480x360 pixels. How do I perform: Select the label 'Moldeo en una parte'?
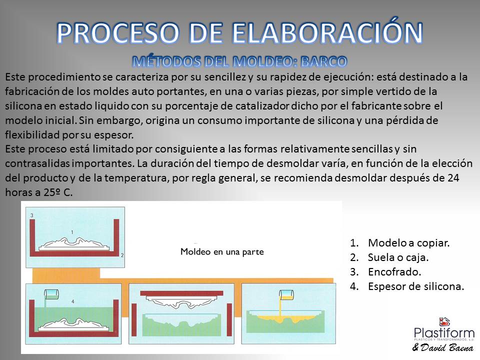222,251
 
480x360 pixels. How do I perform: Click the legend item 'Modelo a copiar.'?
400,243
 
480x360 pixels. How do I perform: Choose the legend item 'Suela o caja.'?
389,257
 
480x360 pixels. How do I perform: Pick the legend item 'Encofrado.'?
385,271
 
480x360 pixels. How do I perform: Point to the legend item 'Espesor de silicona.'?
407,286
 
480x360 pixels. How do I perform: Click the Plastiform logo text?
444,333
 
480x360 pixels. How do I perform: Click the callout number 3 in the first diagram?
32,215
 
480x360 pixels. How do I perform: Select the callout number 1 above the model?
72,232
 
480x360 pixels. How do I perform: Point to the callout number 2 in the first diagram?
122,255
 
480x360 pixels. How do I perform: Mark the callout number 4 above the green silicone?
73,301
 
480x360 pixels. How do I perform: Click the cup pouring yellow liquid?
286,295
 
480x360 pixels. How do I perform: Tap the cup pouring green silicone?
51,294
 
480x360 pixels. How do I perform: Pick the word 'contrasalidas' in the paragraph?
37,163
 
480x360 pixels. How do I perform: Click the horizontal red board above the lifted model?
182,293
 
